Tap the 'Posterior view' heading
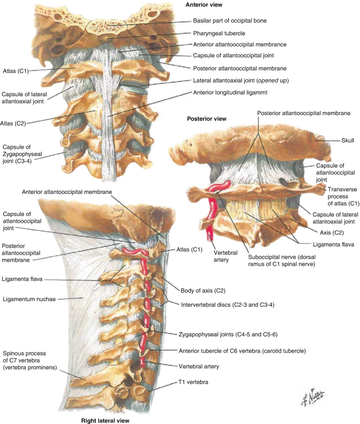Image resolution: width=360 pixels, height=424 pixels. pos(207,118)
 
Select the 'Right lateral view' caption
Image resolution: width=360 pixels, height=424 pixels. pos(105,420)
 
